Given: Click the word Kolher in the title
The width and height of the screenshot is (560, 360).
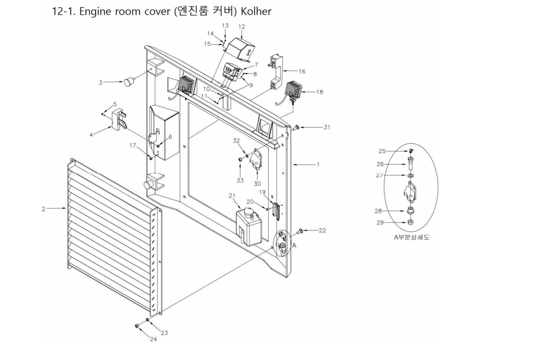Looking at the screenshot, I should click(255, 11).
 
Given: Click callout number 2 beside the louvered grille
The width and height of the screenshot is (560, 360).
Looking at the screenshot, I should click(44, 208).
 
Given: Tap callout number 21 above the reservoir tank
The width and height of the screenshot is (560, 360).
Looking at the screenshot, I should click(232, 195).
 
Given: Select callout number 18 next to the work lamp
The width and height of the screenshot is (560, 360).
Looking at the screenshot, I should click(319, 92).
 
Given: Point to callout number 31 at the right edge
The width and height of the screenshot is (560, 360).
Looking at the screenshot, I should click(327, 127).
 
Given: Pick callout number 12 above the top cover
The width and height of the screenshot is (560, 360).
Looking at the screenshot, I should click(242, 26).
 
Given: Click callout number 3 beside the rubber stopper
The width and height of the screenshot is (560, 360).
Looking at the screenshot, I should click(100, 82).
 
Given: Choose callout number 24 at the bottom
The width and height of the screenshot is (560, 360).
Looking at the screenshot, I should click(153, 339).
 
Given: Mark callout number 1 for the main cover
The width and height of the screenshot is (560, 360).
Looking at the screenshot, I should click(317, 165).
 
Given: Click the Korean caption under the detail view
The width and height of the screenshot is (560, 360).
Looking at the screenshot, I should click(408, 237).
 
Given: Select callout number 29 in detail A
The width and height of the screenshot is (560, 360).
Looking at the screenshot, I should click(380, 222).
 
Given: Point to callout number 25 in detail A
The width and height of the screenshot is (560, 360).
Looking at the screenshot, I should click(382, 151).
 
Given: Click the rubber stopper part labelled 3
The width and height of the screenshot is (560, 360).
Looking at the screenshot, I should click(128, 81).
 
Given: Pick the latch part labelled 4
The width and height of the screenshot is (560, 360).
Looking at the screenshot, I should click(118, 120).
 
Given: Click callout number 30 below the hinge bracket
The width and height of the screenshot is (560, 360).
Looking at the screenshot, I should click(257, 184).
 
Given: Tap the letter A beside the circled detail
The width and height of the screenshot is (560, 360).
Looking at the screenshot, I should click(294, 244).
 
